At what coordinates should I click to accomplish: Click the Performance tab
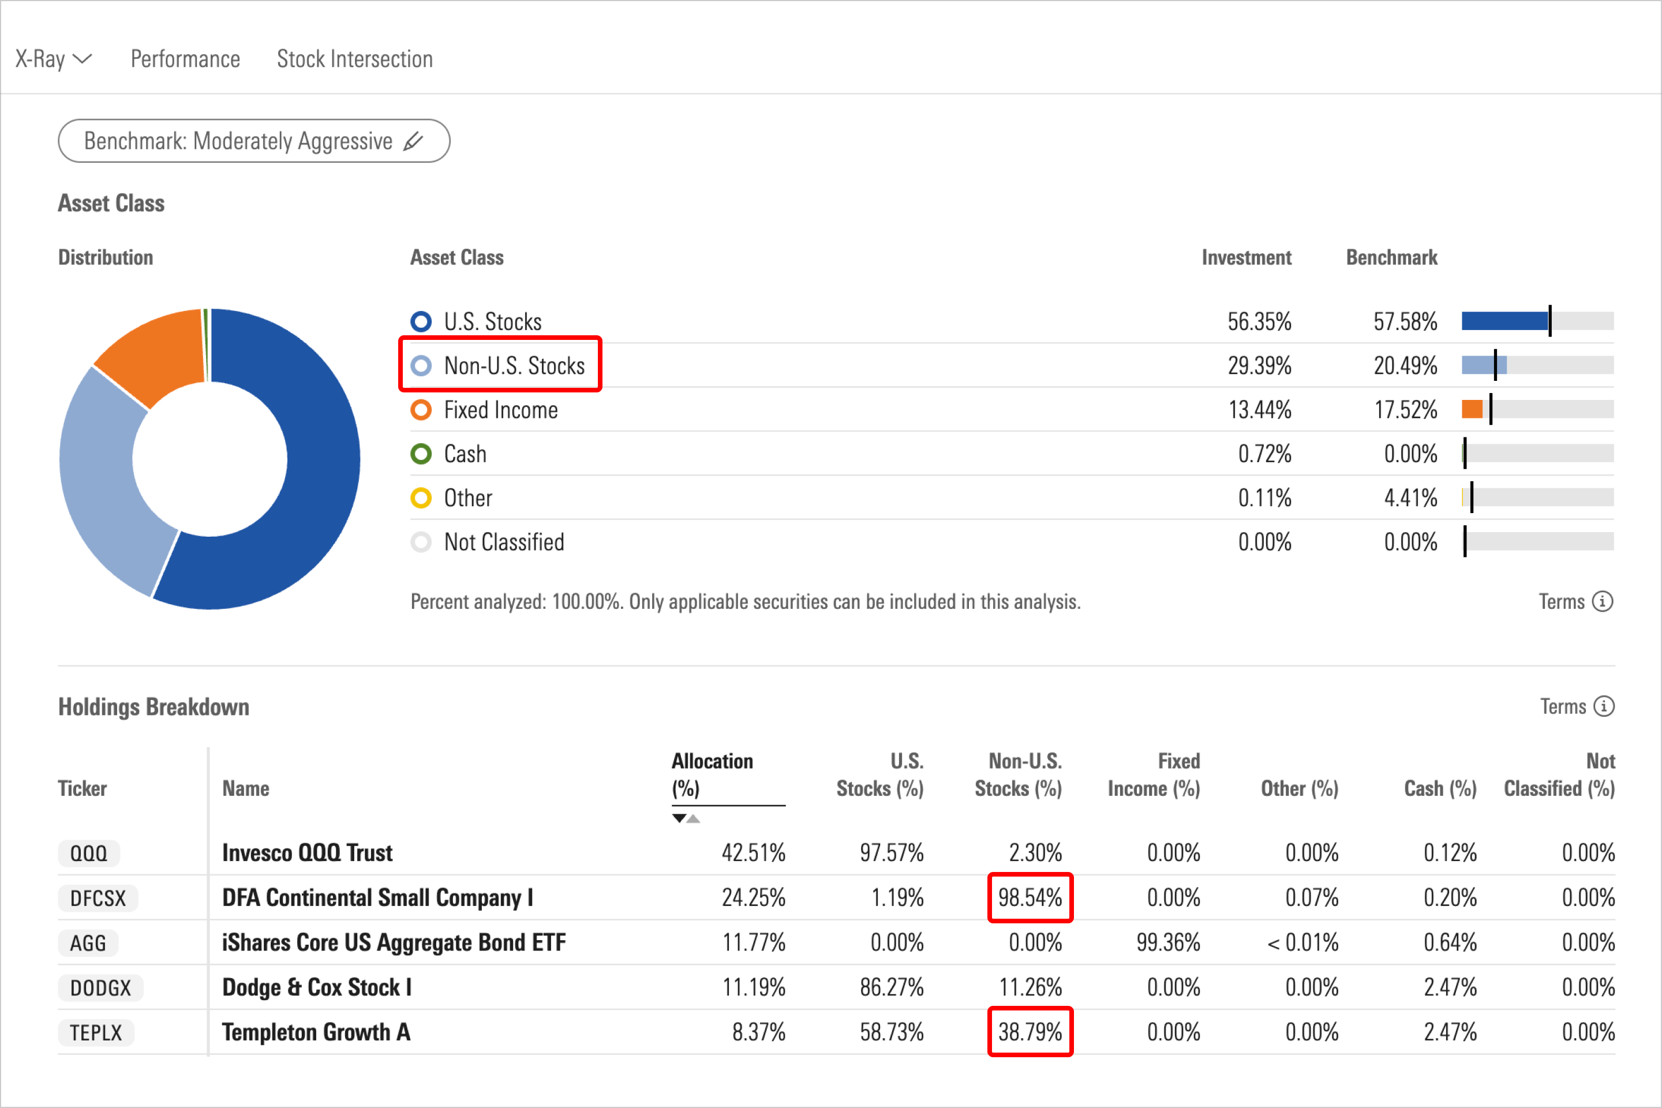tap(185, 59)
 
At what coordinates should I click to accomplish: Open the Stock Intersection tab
tap(355, 59)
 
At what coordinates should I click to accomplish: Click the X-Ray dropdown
tap(54, 59)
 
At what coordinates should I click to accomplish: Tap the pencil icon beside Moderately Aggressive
tap(413, 141)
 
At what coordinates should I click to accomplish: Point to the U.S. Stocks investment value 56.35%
tap(1259, 322)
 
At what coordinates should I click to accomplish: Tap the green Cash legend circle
tap(421, 454)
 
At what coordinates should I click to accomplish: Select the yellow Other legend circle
tap(421, 498)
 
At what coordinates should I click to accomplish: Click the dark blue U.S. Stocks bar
tap(1504, 321)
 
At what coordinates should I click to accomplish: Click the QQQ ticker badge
tap(89, 854)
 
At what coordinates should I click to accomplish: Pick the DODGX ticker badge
tap(100, 988)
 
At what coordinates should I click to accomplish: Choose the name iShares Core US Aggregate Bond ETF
tap(394, 942)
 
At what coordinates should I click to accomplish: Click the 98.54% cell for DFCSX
tap(1030, 898)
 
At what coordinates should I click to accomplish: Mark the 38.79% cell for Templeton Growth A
tap(1030, 1032)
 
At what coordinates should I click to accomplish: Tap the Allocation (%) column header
tap(712, 774)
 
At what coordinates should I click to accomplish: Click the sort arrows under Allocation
tap(686, 819)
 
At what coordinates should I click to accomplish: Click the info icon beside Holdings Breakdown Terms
tap(1604, 706)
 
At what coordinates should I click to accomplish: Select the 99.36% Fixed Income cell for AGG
tap(1167, 942)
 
